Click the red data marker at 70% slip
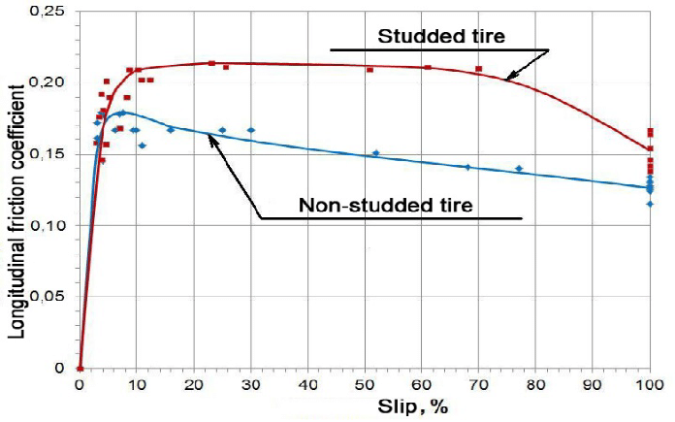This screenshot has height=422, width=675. click(x=479, y=69)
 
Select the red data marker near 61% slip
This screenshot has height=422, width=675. click(x=428, y=67)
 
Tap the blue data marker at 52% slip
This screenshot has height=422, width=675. click(x=376, y=152)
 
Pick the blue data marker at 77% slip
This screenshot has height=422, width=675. click(x=519, y=168)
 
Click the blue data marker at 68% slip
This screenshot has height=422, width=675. click(x=467, y=167)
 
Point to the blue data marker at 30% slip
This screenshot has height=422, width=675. click(x=251, y=130)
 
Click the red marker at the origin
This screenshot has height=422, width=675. click(x=80, y=369)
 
